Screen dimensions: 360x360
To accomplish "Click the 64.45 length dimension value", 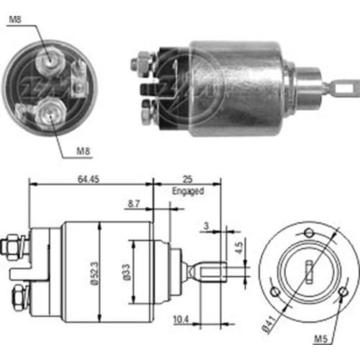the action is point(89,179).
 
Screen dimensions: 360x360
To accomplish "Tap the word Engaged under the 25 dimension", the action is point(188,192).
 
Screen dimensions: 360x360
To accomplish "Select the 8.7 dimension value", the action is point(134,204).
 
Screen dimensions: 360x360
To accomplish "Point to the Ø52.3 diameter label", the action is point(95,273).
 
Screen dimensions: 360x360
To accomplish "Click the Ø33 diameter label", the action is point(127,272).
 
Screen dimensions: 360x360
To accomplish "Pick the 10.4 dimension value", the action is point(181,320).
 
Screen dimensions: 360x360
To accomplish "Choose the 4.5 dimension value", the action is point(239,248).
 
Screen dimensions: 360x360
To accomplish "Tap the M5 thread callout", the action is point(321,339).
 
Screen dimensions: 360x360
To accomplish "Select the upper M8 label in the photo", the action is point(15,19).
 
